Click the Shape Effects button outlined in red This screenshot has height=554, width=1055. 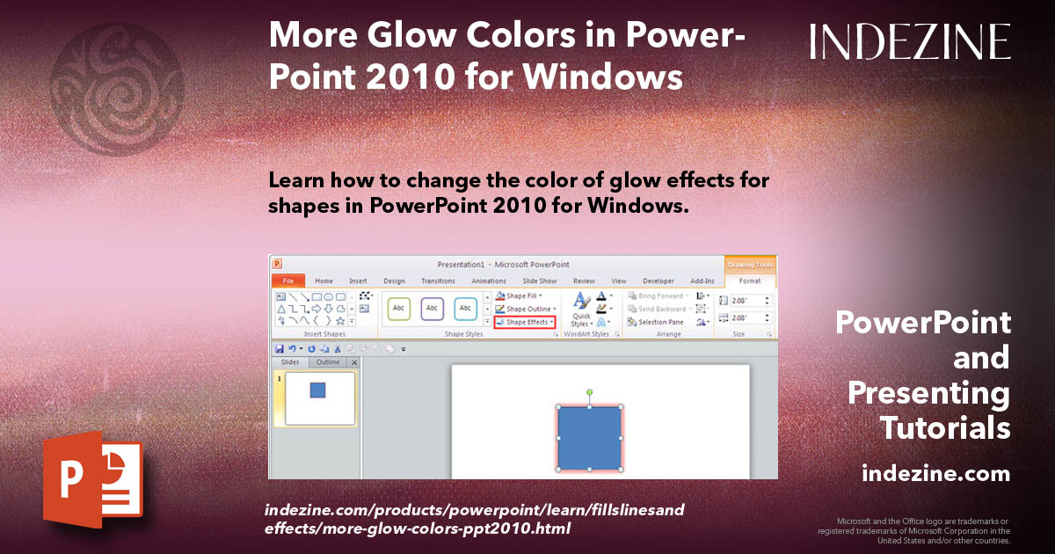point(525,322)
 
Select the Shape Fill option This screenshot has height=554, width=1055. point(523,296)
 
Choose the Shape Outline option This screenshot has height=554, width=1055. point(526,309)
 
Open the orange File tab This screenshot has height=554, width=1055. point(287,281)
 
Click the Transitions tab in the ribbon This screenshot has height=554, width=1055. point(438,281)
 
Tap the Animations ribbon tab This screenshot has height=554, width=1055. point(489,281)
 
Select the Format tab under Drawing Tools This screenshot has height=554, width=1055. point(750,281)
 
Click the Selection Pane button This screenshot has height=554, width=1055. point(657,322)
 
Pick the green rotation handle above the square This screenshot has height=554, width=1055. point(589,391)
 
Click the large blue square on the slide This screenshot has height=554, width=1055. point(589,437)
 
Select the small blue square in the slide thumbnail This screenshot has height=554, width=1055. point(318,390)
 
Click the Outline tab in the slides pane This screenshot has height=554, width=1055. point(328,362)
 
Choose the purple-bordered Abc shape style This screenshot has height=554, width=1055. point(432,309)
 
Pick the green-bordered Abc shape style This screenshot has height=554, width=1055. point(399,309)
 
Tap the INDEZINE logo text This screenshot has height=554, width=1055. point(910,41)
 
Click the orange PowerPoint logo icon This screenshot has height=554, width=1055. point(91,479)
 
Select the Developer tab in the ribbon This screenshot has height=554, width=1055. point(658,281)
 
